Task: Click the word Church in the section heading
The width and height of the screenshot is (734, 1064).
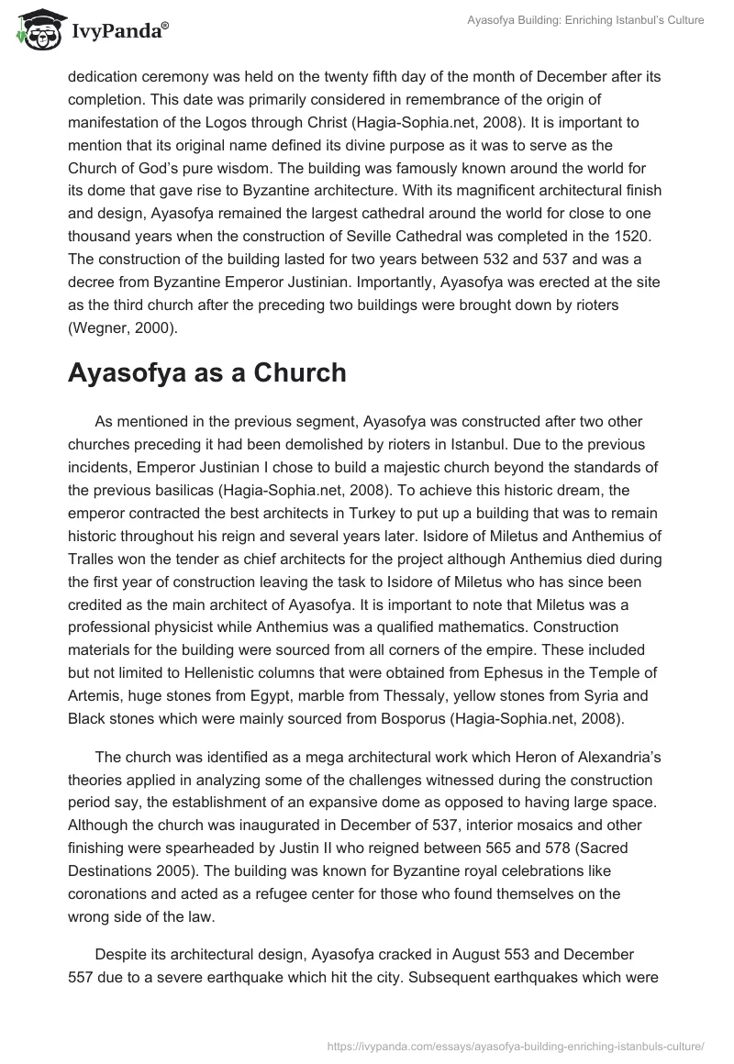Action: (x=297, y=374)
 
